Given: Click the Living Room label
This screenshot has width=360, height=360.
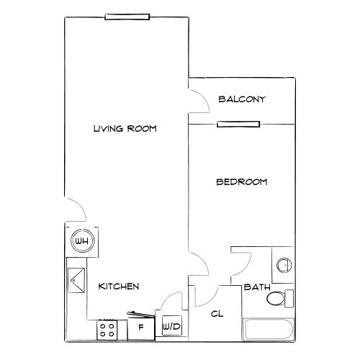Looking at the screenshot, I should click(x=125, y=129).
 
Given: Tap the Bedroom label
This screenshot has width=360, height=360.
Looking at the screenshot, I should click(x=241, y=182).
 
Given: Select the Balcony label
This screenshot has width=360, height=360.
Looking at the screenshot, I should click(x=242, y=99).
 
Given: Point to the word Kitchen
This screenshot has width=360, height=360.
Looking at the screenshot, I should click(x=119, y=287).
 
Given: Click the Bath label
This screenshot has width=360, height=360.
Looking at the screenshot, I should click(x=257, y=287).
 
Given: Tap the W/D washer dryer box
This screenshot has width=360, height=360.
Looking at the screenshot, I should click(x=171, y=327).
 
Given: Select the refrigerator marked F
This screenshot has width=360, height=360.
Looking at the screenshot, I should click(x=141, y=326).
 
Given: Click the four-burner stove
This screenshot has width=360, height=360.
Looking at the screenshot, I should click(x=108, y=329).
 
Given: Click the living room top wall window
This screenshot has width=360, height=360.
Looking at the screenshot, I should click(x=127, y=17).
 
